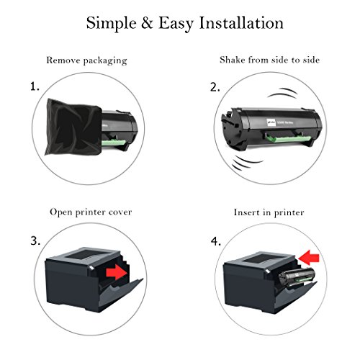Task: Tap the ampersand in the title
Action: click(x=150, y=23)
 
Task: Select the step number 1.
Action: click(x=35, y=87)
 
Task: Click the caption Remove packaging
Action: click(x=86, y=60)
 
